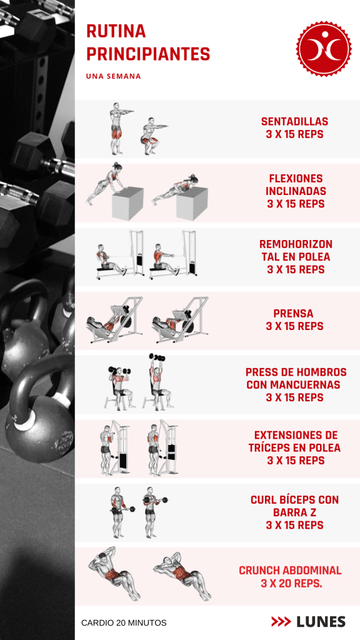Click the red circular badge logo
(x=324, y=49)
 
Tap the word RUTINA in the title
(x=116, y=31)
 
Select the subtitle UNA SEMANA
(x=114, y=76)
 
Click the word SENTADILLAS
(x=295, y=122)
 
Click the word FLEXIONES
(x=296, y=179)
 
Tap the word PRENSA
(x=294, y=314)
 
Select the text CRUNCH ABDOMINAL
(x=290, y=571)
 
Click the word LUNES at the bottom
(x=321, y=622)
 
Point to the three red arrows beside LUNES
(x=281, y=622)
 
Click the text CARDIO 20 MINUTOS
(x=124, y=623)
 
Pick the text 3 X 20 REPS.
(x=292, y=584)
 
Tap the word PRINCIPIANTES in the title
(x=148, y=54)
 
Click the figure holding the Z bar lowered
(x=119, y=512)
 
